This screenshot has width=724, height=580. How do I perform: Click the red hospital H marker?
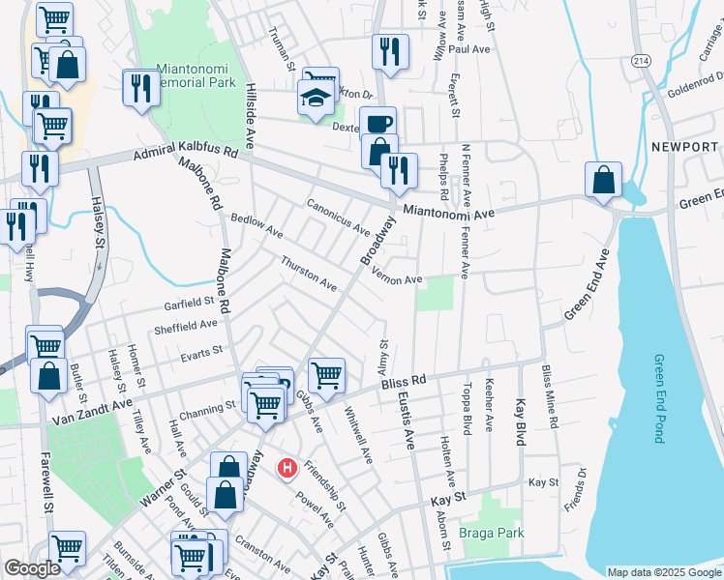tap(287, 469)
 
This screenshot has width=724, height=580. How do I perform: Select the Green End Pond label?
tap(658, 398)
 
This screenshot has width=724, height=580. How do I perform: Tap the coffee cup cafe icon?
tap(378, 124)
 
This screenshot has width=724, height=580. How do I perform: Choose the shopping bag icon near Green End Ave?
tap(603, 179)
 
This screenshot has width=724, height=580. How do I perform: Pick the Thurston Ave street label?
tap(309, 275)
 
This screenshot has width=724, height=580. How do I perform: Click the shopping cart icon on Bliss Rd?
tap(326, 374)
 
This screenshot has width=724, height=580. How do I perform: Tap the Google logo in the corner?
tap(32, 569)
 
